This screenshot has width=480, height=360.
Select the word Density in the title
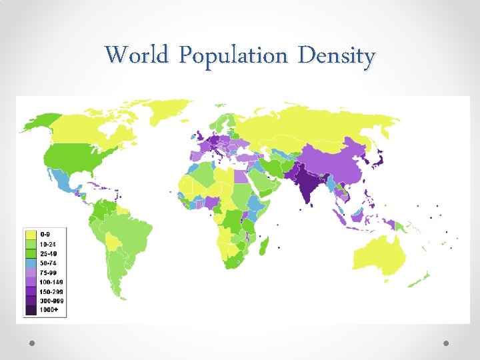[x=337, y=55]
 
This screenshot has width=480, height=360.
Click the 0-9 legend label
[x=46, y=235]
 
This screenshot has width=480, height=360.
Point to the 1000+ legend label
[x=49, y=310]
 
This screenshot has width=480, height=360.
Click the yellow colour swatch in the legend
[x=31, y=235]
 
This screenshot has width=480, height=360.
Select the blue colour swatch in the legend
[x=31, y=263]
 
